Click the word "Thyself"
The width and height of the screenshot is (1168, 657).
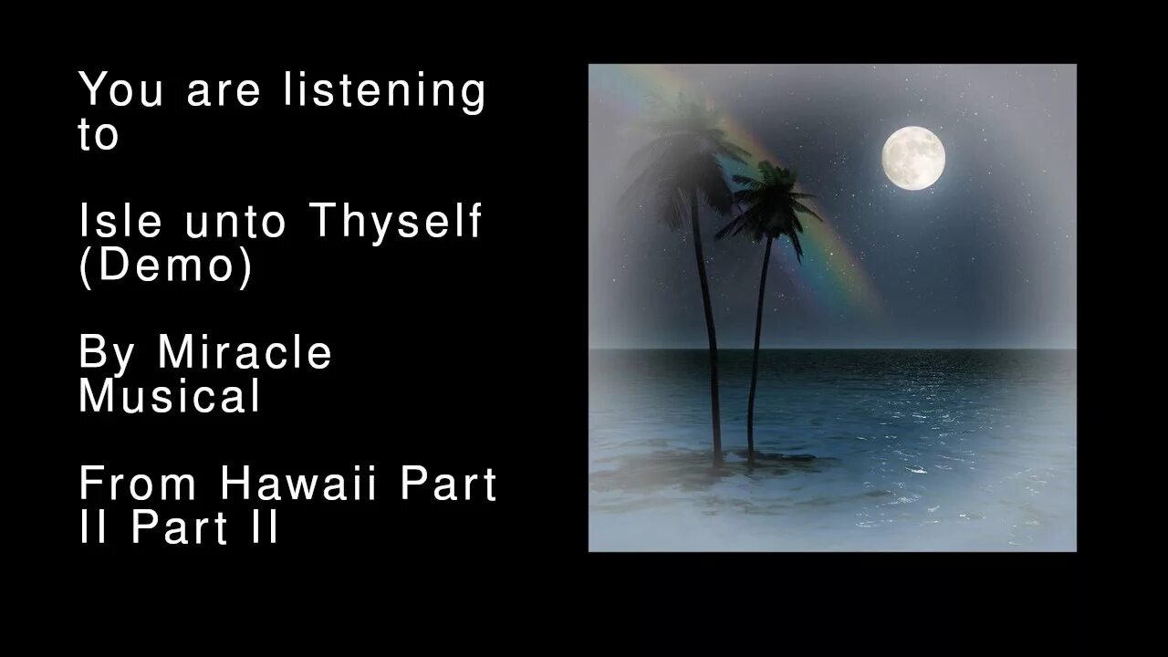pos(395,221)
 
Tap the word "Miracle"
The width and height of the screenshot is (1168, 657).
pos(245,351)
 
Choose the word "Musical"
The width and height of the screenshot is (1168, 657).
pos(170,396)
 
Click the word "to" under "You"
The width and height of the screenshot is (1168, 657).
pos(99,135)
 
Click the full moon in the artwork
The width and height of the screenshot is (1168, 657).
pos(912,158)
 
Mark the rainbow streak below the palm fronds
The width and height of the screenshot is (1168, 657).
pos(844,265)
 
